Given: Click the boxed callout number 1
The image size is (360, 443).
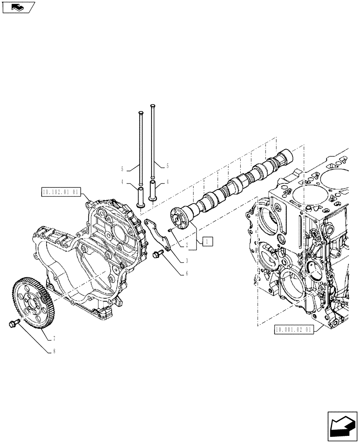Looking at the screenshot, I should click(208, 241).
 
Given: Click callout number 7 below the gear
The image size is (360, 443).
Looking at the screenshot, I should click(54, 339).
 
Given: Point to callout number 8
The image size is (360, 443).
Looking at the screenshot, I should click(54, 352).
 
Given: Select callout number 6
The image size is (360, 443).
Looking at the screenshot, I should click(187, 273).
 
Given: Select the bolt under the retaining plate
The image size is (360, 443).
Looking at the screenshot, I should click(158, 254).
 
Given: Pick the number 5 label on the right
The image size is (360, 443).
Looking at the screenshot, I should click(167, 166).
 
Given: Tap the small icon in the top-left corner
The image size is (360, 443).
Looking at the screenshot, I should click(18, 7).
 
